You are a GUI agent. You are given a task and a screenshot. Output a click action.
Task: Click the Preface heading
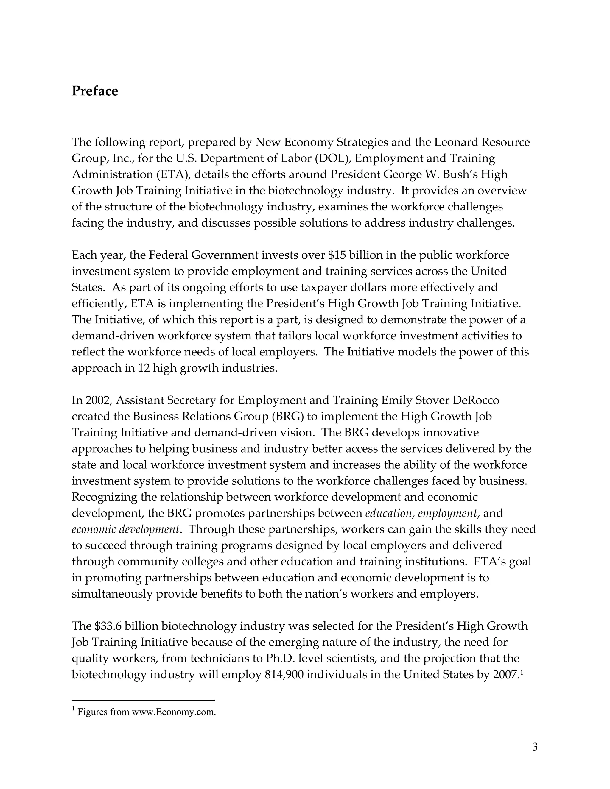coord(95,91)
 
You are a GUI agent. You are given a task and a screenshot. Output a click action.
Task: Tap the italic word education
coord(388,513)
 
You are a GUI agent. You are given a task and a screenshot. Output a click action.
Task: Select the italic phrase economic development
coord(125,530)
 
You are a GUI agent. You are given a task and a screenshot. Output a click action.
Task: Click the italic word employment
coord(447,513)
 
